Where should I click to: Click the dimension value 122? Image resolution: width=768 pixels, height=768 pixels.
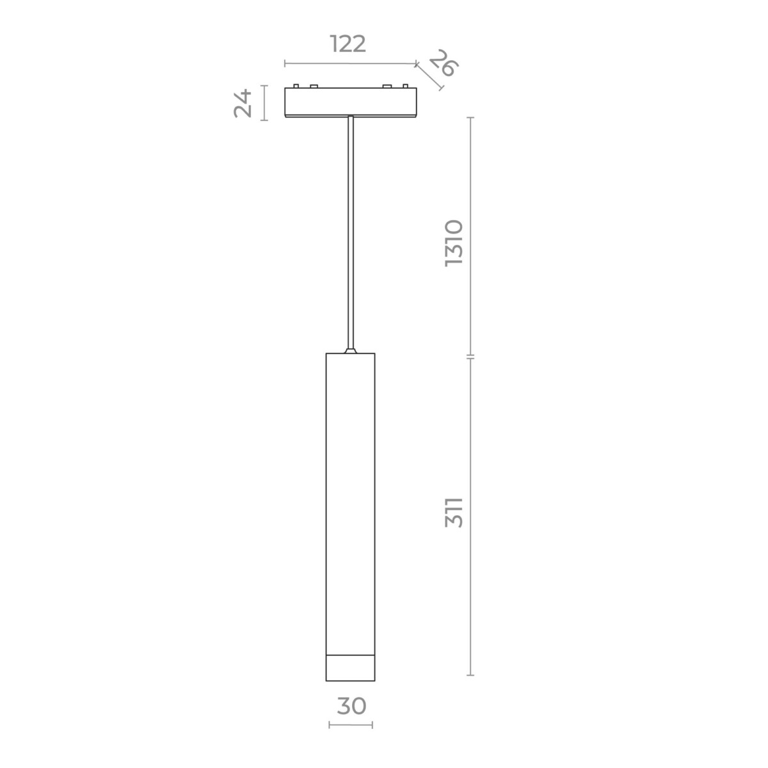tap(348, 44)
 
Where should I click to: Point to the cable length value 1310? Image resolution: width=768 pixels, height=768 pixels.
tap(454, 243)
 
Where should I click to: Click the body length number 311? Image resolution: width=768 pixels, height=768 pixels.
tap(454, 512)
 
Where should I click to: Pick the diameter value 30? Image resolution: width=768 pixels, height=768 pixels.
tap(351, 706)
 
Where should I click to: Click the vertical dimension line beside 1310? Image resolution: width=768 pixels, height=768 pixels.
tap(471, 236)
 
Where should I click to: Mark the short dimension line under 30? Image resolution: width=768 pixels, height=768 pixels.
tap(351, 724)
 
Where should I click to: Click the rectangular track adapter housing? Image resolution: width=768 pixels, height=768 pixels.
tap(350, 102)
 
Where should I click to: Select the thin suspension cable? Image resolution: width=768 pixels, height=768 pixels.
tap(350, 230)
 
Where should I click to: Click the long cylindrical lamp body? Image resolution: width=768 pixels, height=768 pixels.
tap(350, 499)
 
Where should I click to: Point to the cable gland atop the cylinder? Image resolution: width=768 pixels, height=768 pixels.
tap(350, 350)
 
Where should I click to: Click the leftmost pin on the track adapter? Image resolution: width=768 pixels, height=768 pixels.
tap(296, 85)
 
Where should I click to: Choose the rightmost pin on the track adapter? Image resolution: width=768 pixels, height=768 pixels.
tap(405, 85)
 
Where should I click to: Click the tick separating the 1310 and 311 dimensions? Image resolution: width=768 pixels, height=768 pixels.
tap(471, 356)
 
